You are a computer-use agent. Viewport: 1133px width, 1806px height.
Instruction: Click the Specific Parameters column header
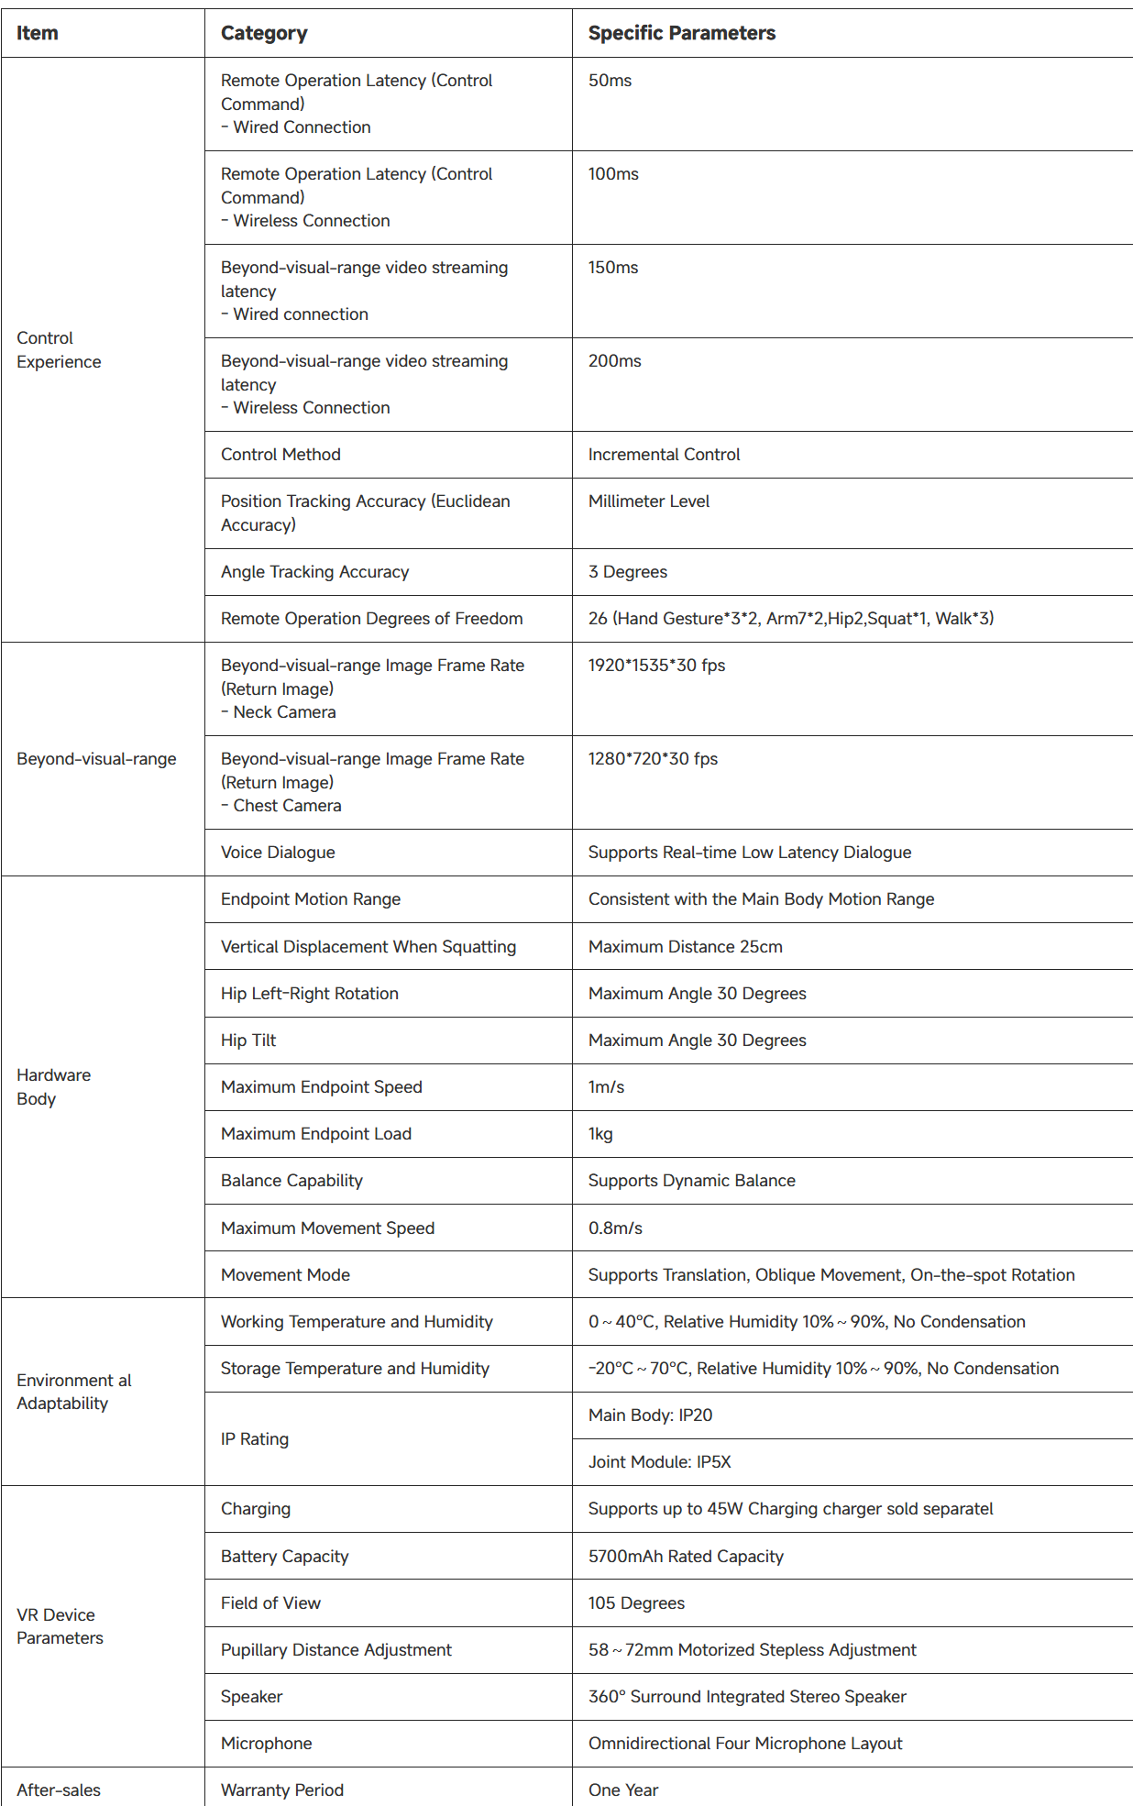681,33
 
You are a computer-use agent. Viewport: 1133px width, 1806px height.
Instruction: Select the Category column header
264,33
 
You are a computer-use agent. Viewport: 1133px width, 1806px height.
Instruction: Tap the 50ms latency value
610,81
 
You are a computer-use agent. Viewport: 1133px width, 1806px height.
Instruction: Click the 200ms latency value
614,361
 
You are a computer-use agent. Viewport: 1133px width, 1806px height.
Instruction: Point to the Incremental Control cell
664,455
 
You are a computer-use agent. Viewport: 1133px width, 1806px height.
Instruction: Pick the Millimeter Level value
648,501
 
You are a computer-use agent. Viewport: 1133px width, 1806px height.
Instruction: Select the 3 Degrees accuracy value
627,572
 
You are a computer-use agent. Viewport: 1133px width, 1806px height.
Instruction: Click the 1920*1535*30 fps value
656,666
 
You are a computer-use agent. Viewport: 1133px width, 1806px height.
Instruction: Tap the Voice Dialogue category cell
278,853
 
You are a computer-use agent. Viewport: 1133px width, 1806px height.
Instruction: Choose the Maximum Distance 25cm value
685,947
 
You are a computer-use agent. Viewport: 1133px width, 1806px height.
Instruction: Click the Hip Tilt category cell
248,1041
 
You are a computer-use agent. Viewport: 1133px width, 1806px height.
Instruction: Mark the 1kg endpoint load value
600,1134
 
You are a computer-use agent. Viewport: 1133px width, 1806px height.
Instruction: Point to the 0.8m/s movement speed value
615,1228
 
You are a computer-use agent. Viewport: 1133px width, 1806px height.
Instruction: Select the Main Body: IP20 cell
650,1415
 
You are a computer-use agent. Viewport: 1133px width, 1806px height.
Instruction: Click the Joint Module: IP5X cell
659,1462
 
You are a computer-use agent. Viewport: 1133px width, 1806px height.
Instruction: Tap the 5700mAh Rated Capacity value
686,1557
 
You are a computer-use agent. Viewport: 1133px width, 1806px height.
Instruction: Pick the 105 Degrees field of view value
636,1603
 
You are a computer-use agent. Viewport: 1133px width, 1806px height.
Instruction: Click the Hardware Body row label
53,1087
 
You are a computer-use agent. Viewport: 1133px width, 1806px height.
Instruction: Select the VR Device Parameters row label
60,1626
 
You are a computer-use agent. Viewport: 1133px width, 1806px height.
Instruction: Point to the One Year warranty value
623,1790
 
